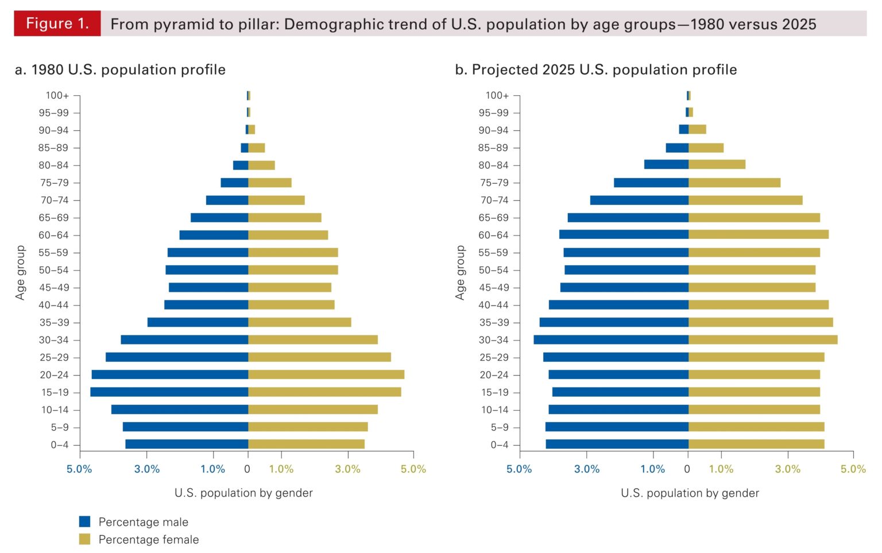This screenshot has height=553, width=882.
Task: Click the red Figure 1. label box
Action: (57, 24)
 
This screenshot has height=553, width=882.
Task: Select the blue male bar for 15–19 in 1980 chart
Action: (169, 392)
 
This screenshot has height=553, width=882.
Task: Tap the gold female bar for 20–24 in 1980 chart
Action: (326, 374)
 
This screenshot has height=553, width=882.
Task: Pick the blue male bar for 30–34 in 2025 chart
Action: (610, 339)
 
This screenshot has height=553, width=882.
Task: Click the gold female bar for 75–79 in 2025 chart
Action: (734, 183)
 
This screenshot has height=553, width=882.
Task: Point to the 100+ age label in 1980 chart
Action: (57, 95)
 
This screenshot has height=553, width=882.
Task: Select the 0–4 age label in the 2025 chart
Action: (499, 444)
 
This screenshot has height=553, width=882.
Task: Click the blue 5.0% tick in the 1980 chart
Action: (79, 469)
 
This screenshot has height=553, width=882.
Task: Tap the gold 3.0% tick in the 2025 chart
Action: (787, 469)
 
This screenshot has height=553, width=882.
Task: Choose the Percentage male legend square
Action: (85, 521)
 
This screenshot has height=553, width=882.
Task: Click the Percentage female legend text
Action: (148, 539)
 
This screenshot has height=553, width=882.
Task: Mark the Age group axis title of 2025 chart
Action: (460, 272)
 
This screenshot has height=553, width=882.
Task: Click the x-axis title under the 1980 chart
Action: (243, 493)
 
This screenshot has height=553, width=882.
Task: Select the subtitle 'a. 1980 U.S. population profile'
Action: (120, 69)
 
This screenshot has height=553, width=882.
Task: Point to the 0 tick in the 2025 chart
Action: (687, 469)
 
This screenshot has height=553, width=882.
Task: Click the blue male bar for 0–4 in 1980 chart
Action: (187, 444)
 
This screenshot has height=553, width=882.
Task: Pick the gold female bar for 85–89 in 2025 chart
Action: (706, 148)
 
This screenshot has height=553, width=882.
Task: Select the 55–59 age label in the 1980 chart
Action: (53, 253)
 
